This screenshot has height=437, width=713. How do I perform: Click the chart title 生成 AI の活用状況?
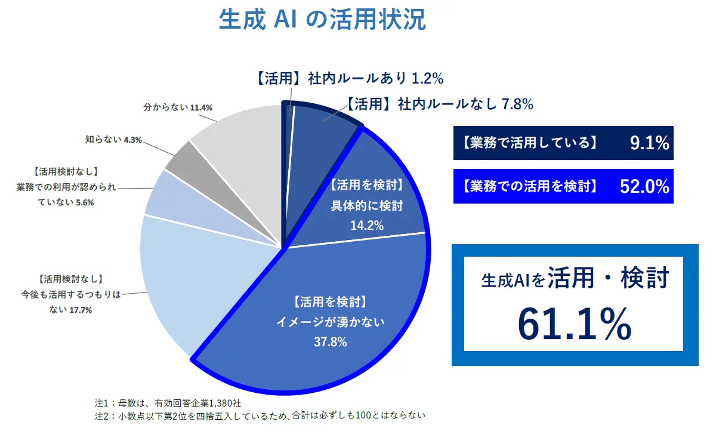pos(322,20)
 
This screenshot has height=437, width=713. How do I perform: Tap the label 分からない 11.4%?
pos(177,108)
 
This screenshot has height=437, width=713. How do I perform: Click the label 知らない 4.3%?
pos(112,140)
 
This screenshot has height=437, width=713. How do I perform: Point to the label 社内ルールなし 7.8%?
pos(440,104)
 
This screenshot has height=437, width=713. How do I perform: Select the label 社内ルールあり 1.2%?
pos(350,78)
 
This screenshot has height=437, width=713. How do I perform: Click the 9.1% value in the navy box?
pos(649,143)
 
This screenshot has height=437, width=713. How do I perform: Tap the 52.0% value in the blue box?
pos(644,186)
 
